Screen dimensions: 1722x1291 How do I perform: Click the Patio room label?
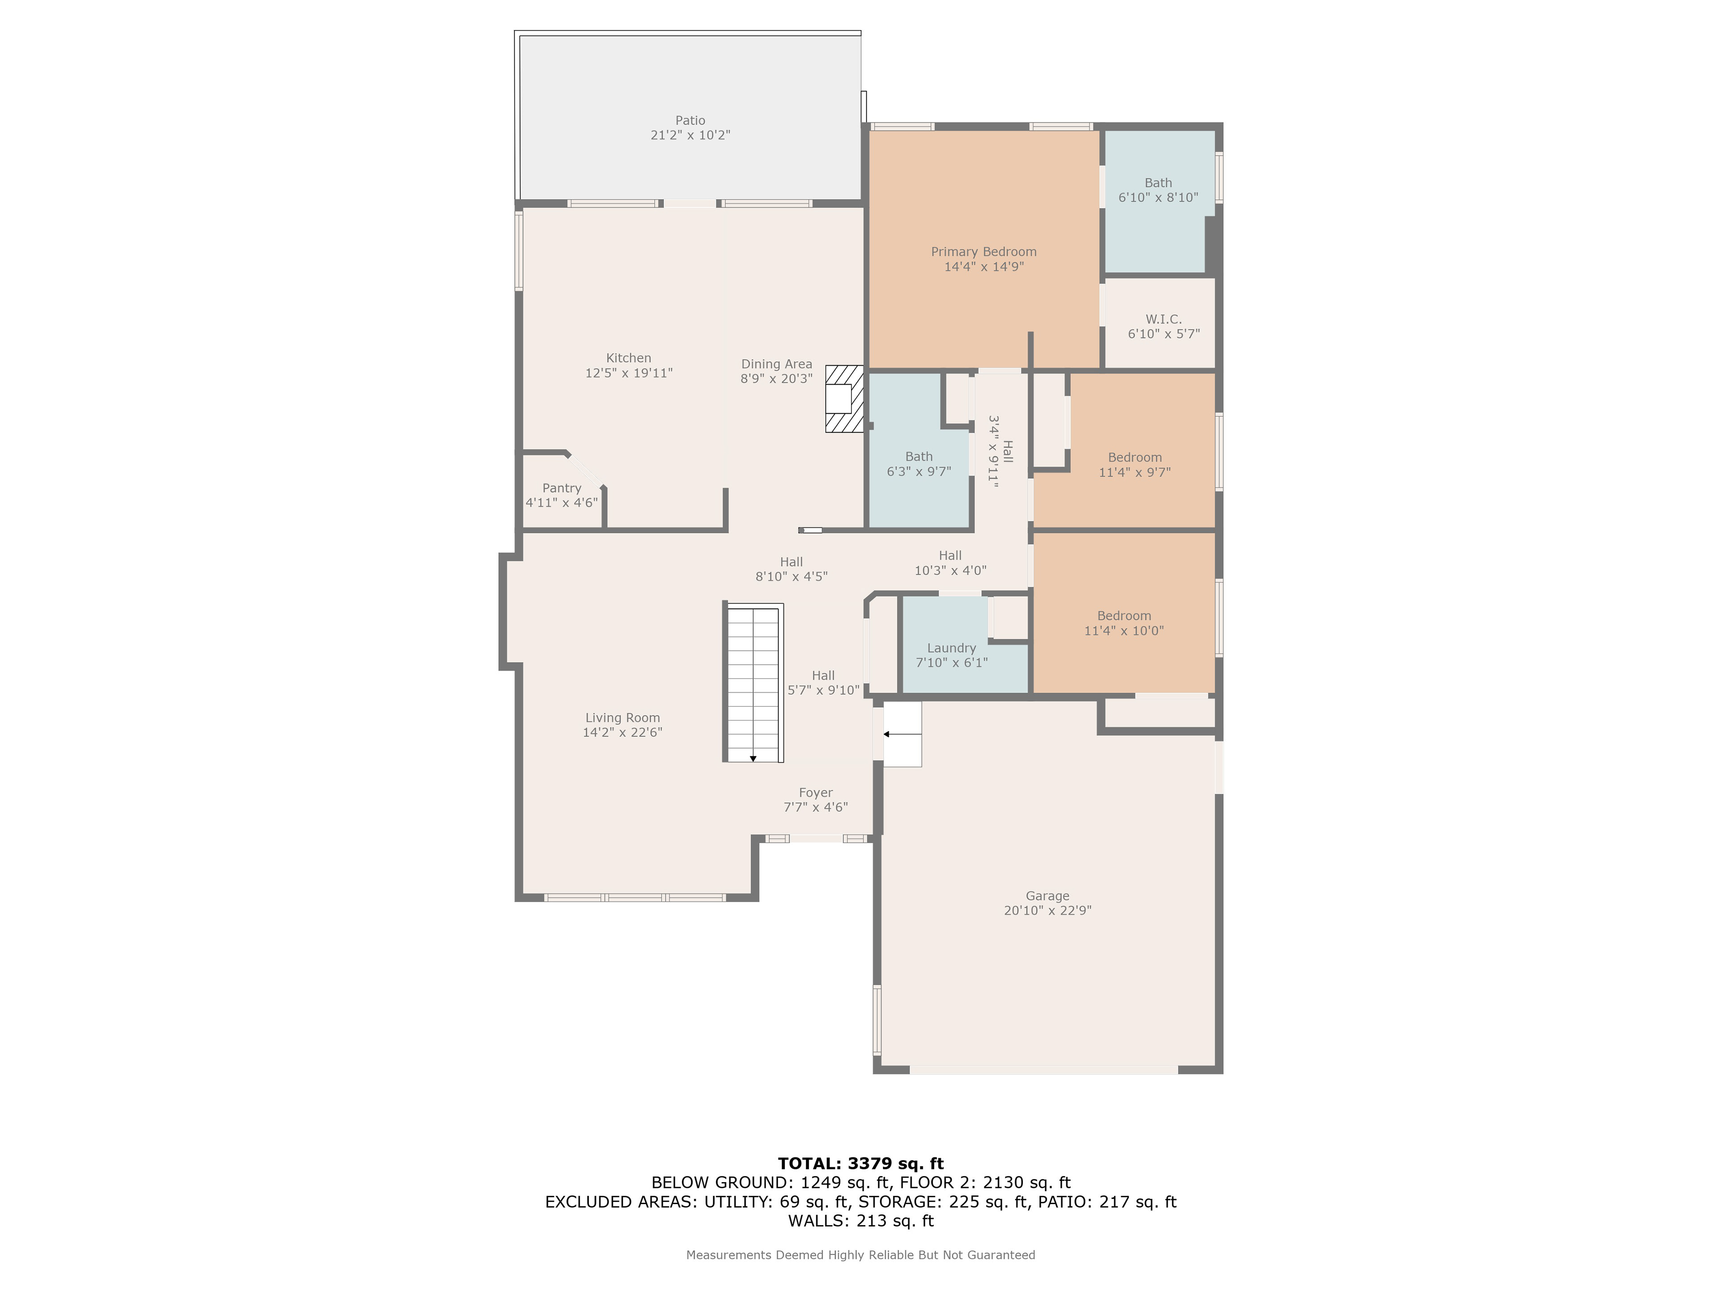pos(690,121)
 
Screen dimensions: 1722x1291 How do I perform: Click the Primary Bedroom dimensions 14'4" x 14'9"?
pos(984,267)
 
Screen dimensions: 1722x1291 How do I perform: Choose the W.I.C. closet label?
pos(1164,319)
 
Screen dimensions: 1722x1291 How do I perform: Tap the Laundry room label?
pos(951,648)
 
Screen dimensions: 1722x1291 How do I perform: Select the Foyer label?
pos(816,793)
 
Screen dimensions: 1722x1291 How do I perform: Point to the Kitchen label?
pos(628,359)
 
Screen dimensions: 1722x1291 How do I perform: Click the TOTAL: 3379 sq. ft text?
pos(861,1163)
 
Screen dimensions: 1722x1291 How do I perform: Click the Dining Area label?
pos(776,364)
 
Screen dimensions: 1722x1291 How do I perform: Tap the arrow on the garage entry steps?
pos(901,734)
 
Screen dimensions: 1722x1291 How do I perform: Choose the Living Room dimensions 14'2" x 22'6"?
pos(622,732)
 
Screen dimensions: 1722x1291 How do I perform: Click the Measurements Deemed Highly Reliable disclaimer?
pos(860,1254)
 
